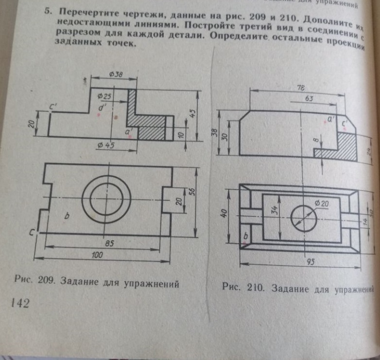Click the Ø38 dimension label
coord(116,74)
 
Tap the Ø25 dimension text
coord(104,95)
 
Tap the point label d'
coord(102,107)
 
